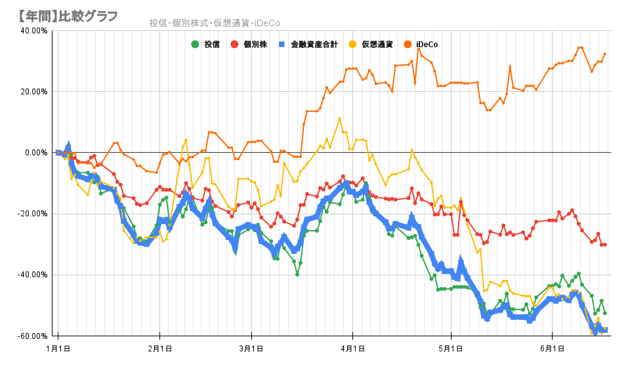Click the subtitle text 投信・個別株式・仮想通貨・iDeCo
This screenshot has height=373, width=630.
click(215, 23)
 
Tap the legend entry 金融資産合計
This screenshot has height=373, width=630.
click(308, 45)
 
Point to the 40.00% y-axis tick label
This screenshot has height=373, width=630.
click(34, 30)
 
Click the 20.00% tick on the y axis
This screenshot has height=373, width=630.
click(34, 91)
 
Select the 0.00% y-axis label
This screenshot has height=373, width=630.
click(36, 152)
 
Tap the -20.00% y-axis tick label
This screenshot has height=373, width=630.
click(33, 214)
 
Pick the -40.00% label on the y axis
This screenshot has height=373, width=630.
click(33, 275)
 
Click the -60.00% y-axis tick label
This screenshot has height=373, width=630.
click(33, 336)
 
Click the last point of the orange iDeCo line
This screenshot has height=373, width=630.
click(604, 54)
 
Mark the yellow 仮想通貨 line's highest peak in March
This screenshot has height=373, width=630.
click(339, 119)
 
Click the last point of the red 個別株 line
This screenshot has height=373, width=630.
click(604, 245)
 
